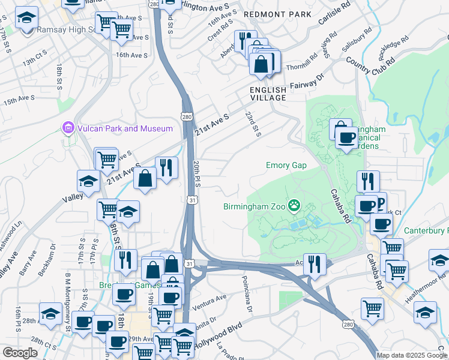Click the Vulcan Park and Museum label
pyautogui.click(x=124, y=128)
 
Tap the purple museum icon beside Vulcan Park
pyautogui.click(x=67, y=128)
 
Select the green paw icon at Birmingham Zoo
pyautogui.click(x=294, y=206)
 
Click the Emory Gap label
pyautogui.click(x=286, y=165)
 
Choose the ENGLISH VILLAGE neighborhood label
pyautogui.click(x=268, y=94)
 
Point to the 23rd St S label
pyautogui.click(x=253, y=122)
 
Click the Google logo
pyautogui.click(x=20, y=353)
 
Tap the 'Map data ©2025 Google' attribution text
pyautogui.click(x=411, y=355)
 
